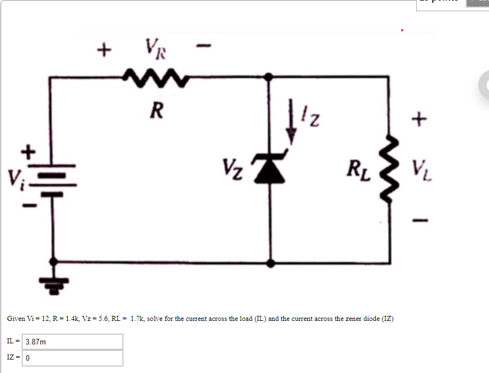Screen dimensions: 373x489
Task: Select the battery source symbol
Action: (54, 178)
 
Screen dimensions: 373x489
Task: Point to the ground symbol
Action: (54, 284)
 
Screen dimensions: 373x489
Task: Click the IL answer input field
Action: (73, 342)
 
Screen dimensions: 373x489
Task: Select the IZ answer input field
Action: (73, 358)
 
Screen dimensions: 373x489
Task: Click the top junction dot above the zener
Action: (271, 76)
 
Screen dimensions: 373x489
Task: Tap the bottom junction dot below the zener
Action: (271, 262)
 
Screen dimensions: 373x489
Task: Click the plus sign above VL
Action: (421, 119)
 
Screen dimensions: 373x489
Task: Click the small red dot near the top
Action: (402, 30)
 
